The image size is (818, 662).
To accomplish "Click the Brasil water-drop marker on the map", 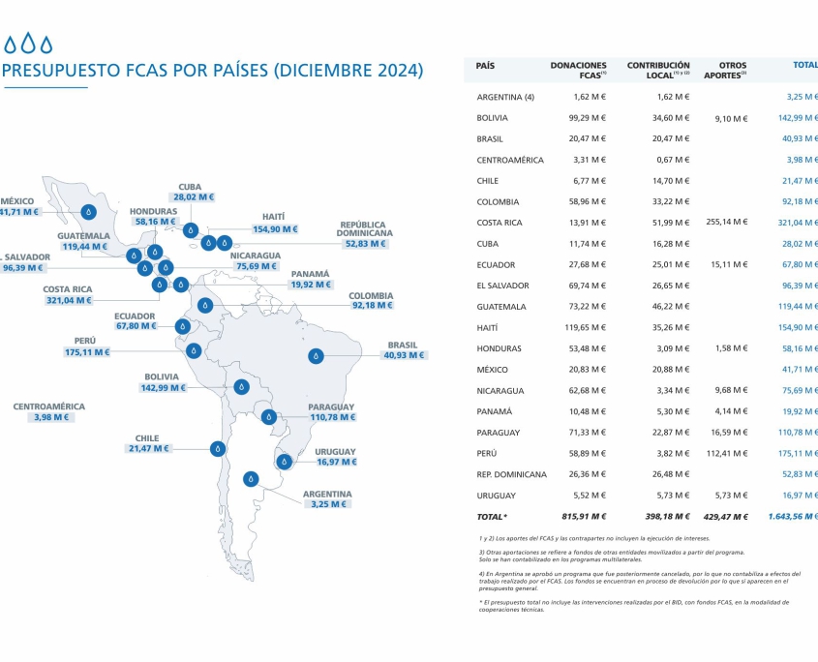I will [316, 356].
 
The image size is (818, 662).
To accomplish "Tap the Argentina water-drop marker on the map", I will [252, 478].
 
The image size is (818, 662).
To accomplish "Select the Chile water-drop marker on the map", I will [219, 448].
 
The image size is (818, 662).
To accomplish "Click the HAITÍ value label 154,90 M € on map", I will [274, 229].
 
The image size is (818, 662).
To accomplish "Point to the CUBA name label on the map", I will [190, 187].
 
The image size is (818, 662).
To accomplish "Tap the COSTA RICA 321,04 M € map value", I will [67, 300].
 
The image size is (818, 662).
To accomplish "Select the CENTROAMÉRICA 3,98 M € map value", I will [49, 417].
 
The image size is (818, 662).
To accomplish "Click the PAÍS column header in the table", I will [486, 65].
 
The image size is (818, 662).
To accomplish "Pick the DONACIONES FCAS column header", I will [578, 69].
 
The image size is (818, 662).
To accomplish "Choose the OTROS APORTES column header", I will [725, 69].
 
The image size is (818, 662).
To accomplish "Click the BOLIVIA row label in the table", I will [493, 118].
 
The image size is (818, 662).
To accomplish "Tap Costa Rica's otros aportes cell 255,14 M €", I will [727, 223].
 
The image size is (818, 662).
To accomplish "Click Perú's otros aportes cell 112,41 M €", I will [727, 453].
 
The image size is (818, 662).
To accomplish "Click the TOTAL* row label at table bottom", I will [493, 517].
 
